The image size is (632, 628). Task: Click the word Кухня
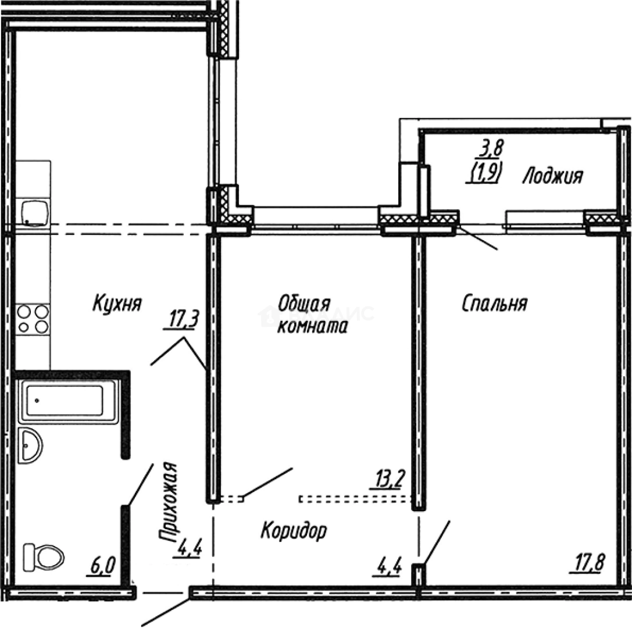point(117,303)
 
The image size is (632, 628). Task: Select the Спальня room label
point(494,303)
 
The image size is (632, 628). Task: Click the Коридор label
point(294,530)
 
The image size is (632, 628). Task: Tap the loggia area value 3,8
point(490,150)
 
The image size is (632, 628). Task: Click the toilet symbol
point(42,557)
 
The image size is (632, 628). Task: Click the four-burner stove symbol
point(33,319)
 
